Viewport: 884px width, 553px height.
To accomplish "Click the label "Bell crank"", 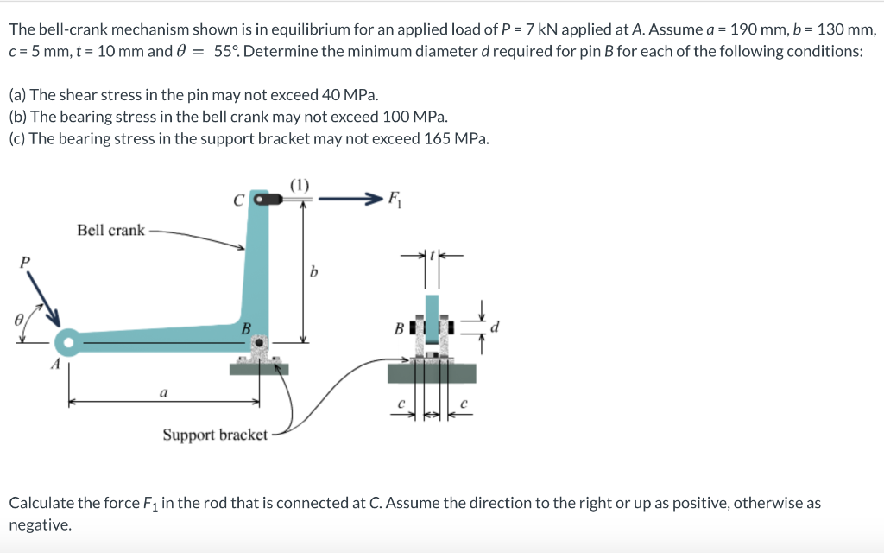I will click(110, 230).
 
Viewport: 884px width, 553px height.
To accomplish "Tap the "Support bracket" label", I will click(215, 435).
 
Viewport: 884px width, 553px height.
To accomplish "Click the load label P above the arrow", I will click(25, 260).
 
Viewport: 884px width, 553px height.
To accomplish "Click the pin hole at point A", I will click(67, 342).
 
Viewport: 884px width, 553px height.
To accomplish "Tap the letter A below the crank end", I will click(54, 365).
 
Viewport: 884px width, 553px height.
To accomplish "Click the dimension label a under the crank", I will click(162, 392).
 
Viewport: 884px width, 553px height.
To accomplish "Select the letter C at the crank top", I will click(238, 200).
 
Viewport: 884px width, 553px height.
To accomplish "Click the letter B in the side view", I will click(399, 328).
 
